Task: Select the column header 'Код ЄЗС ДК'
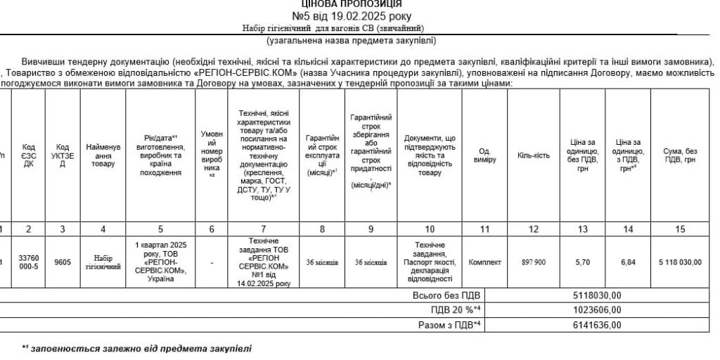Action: coord(29,155)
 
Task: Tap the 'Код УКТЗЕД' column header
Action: coord(63,155)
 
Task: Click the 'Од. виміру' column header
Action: coord(484,155)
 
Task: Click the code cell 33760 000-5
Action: coord(29,262)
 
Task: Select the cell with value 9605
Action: coord(63,262)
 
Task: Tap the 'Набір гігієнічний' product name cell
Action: coord(103,262)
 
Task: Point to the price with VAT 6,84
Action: coord(628,262)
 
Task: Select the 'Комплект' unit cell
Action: coord(484,262)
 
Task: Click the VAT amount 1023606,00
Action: coord(597,309)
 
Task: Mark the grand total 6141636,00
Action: coord(597,325)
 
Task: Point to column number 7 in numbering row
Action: coord(264,229)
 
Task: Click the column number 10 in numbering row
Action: coord(430,229)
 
